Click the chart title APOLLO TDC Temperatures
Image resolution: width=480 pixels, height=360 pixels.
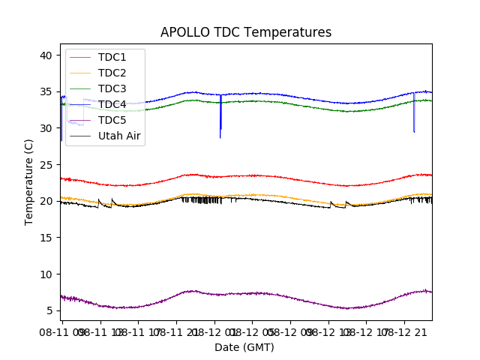(x=246, y=32)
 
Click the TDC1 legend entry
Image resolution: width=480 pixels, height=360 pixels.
(x=112, y=57)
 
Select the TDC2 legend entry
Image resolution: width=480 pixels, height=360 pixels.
(x=112, y=73)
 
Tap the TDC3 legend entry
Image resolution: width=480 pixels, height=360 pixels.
(x=112, y=88)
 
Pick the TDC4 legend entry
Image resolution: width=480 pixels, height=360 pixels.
(x=112, y=104)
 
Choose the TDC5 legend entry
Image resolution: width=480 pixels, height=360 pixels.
(x=112, y=120)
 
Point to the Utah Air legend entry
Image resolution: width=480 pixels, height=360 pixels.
(x=119, y=136)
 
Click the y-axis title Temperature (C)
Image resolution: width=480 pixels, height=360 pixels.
(x=29, y=182)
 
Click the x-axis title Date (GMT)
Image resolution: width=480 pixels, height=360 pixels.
(x=244, y=347)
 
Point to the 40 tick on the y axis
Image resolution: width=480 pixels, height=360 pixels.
(x=46, y=55)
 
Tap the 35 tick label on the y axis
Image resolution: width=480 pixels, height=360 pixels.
(x=46, y=92)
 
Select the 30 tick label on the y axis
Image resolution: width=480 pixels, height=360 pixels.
(x=46, y=128)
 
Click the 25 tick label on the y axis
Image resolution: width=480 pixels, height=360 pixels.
(x=46, y=165)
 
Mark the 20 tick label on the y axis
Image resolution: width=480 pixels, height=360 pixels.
(x=46, y=201)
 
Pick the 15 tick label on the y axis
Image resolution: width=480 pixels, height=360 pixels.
(x=46, y=238)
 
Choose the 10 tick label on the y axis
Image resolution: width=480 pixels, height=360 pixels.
(x=46, y=274)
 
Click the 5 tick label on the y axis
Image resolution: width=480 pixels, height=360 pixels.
(x=49, y=310)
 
